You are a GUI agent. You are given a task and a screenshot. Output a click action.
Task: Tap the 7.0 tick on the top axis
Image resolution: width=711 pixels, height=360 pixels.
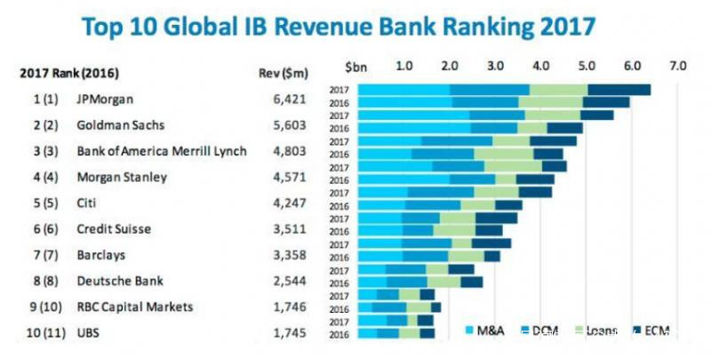(678, 66)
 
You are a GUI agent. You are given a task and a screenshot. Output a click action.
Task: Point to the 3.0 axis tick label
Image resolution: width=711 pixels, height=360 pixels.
(495, 66)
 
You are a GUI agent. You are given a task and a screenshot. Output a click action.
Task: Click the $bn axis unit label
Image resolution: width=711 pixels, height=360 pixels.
(355, 66)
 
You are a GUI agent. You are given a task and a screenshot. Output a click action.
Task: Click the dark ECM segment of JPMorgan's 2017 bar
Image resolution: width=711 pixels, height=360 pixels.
(619, 89)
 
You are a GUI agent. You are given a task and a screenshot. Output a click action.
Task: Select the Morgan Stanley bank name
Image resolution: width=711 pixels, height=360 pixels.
(121, 177)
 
